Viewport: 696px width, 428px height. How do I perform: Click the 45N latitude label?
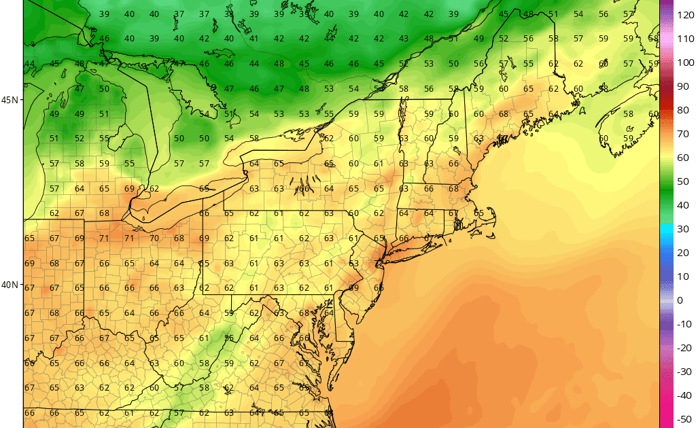pyautogui.click(x=10, y=100)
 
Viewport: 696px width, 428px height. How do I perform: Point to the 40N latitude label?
pyautogui.click(x=10, y=285)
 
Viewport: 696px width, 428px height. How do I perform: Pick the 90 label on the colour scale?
pyautogui.click(x=682, y=86)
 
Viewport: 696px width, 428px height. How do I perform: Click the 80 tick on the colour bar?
pyautogui.click(x=682, y=110)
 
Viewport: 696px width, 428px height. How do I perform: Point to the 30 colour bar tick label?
pyautogui.click(x=682, y=229)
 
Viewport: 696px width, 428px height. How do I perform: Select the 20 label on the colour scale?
pyautogui.click(x=682, y=253)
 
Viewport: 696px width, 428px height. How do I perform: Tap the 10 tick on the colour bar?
pyautogui.click(x=682, y=277)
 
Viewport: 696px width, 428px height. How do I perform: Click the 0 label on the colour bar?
pyautogui.click(x=680, y=300)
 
